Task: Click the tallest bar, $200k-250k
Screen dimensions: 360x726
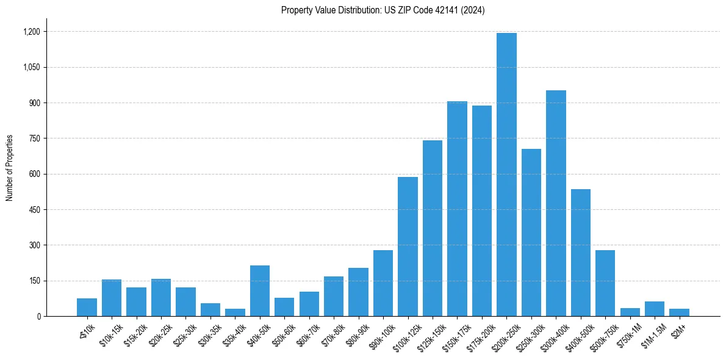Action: (x=506, y=175)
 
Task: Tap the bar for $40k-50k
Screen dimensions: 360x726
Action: (x=260, y=291)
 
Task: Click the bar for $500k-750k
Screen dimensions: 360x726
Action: (x=605, y=283)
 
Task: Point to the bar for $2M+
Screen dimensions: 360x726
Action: (x=679, y=312)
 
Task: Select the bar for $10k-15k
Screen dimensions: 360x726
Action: (x=112, y=298)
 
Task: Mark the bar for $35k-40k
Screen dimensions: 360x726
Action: (x=235, y=312)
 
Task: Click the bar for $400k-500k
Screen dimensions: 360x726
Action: (x=581, y=253)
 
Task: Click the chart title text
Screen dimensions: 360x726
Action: (x=383, y=10)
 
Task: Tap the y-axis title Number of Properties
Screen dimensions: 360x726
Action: (x=10, y=168)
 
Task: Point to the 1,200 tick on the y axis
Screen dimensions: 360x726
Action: (x=32, y=32)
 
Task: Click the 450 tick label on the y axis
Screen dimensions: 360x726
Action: (x=35, y=210)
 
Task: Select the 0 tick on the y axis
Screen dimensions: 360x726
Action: (x=39, y=317)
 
